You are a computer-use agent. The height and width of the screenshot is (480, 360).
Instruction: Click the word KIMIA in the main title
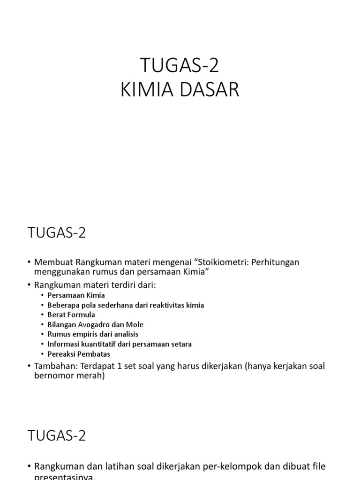click(148, 90)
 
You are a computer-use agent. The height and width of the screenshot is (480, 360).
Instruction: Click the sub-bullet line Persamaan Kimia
click(76, 295)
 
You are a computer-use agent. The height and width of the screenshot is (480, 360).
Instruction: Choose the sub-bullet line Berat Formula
click(71, 315)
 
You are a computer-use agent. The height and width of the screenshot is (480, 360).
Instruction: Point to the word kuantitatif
click(105, 344)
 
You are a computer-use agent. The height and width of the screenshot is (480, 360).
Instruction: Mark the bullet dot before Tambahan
click(29, 366)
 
